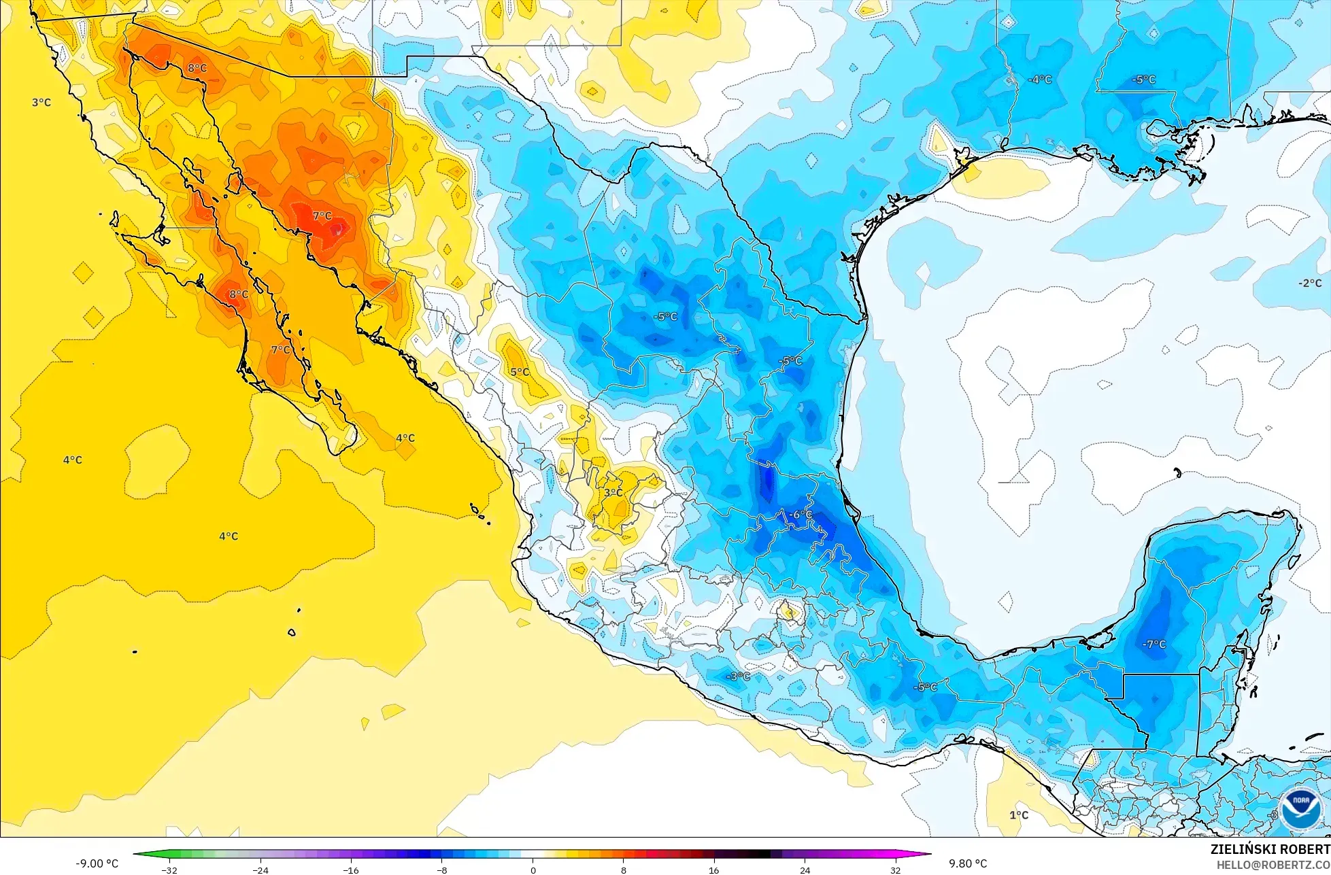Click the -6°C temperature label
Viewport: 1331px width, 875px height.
[800, 515]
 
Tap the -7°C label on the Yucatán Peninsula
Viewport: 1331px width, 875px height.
[1153, 644]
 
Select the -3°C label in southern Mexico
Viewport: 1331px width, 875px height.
[738, 676]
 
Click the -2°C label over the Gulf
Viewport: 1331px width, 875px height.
[1309, 283]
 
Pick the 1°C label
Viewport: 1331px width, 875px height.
[1018, 814]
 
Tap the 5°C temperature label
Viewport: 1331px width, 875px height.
[520, 372]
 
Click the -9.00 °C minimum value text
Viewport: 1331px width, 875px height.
[97, 863]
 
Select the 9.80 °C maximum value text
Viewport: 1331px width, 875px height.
[968, 863]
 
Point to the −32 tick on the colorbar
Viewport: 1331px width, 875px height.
[169, 870]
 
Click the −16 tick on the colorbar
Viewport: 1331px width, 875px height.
[351, 870]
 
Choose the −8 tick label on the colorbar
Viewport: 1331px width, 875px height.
[442, 870]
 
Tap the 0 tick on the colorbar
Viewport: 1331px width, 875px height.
[533, 870]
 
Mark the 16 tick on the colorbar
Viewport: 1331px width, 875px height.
[714, 870]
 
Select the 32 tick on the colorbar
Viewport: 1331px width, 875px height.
[896, 870]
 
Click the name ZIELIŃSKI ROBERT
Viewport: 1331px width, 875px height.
[1270, 849]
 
